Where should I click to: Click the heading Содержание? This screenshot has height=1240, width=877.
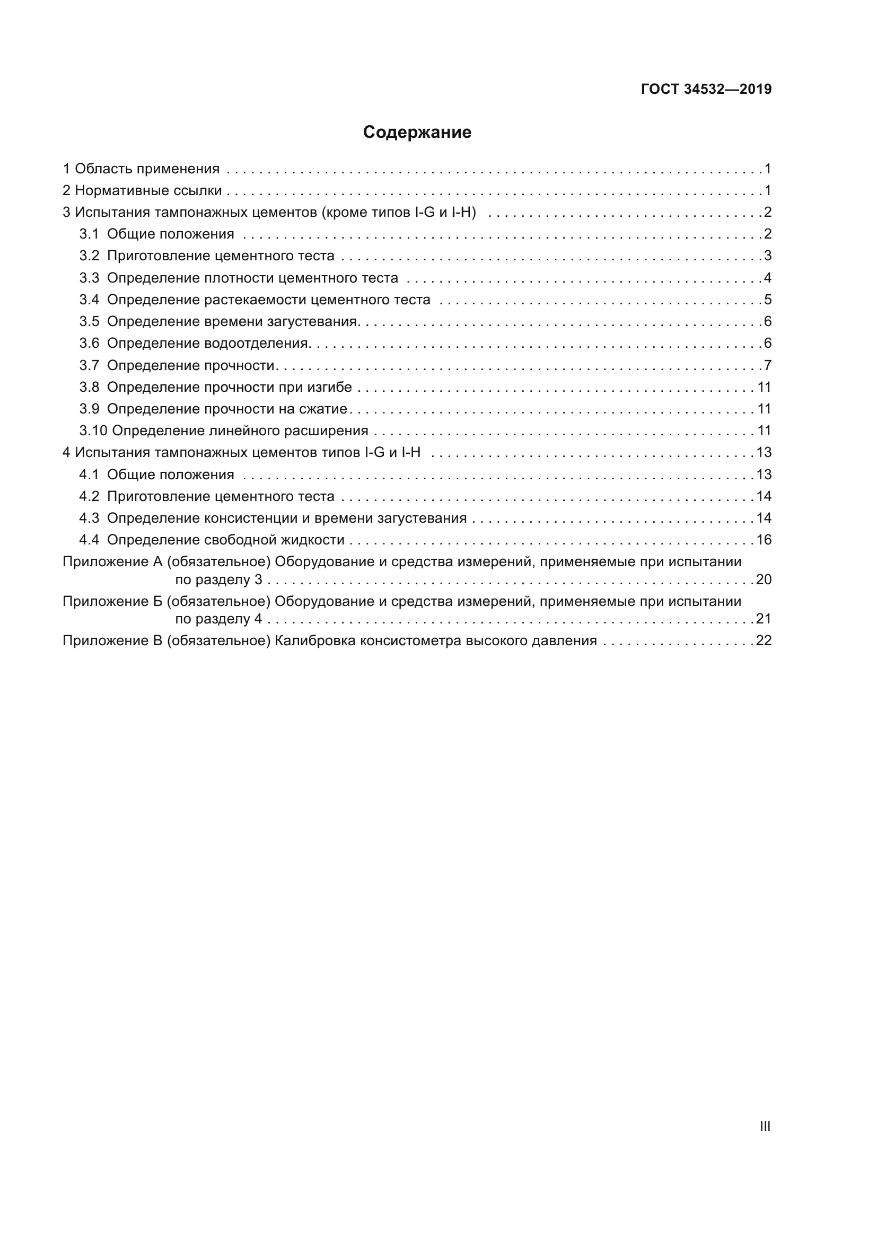(417, 133)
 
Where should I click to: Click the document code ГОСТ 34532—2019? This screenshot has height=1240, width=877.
(706, 90)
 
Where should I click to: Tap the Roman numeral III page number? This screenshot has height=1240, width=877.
(765, 1126)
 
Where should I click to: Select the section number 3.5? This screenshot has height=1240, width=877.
(89, 322)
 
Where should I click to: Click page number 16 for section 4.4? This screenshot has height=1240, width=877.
(764, 540)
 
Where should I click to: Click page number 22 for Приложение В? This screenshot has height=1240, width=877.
(764, 641)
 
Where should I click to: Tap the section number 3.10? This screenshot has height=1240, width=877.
(93, 431)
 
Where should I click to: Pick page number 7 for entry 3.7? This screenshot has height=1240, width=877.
(767, 366)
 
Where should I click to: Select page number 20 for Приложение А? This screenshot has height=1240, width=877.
(764, 579)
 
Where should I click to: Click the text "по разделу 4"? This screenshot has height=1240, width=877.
(218, 619)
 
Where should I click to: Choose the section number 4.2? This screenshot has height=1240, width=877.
(89, 496)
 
